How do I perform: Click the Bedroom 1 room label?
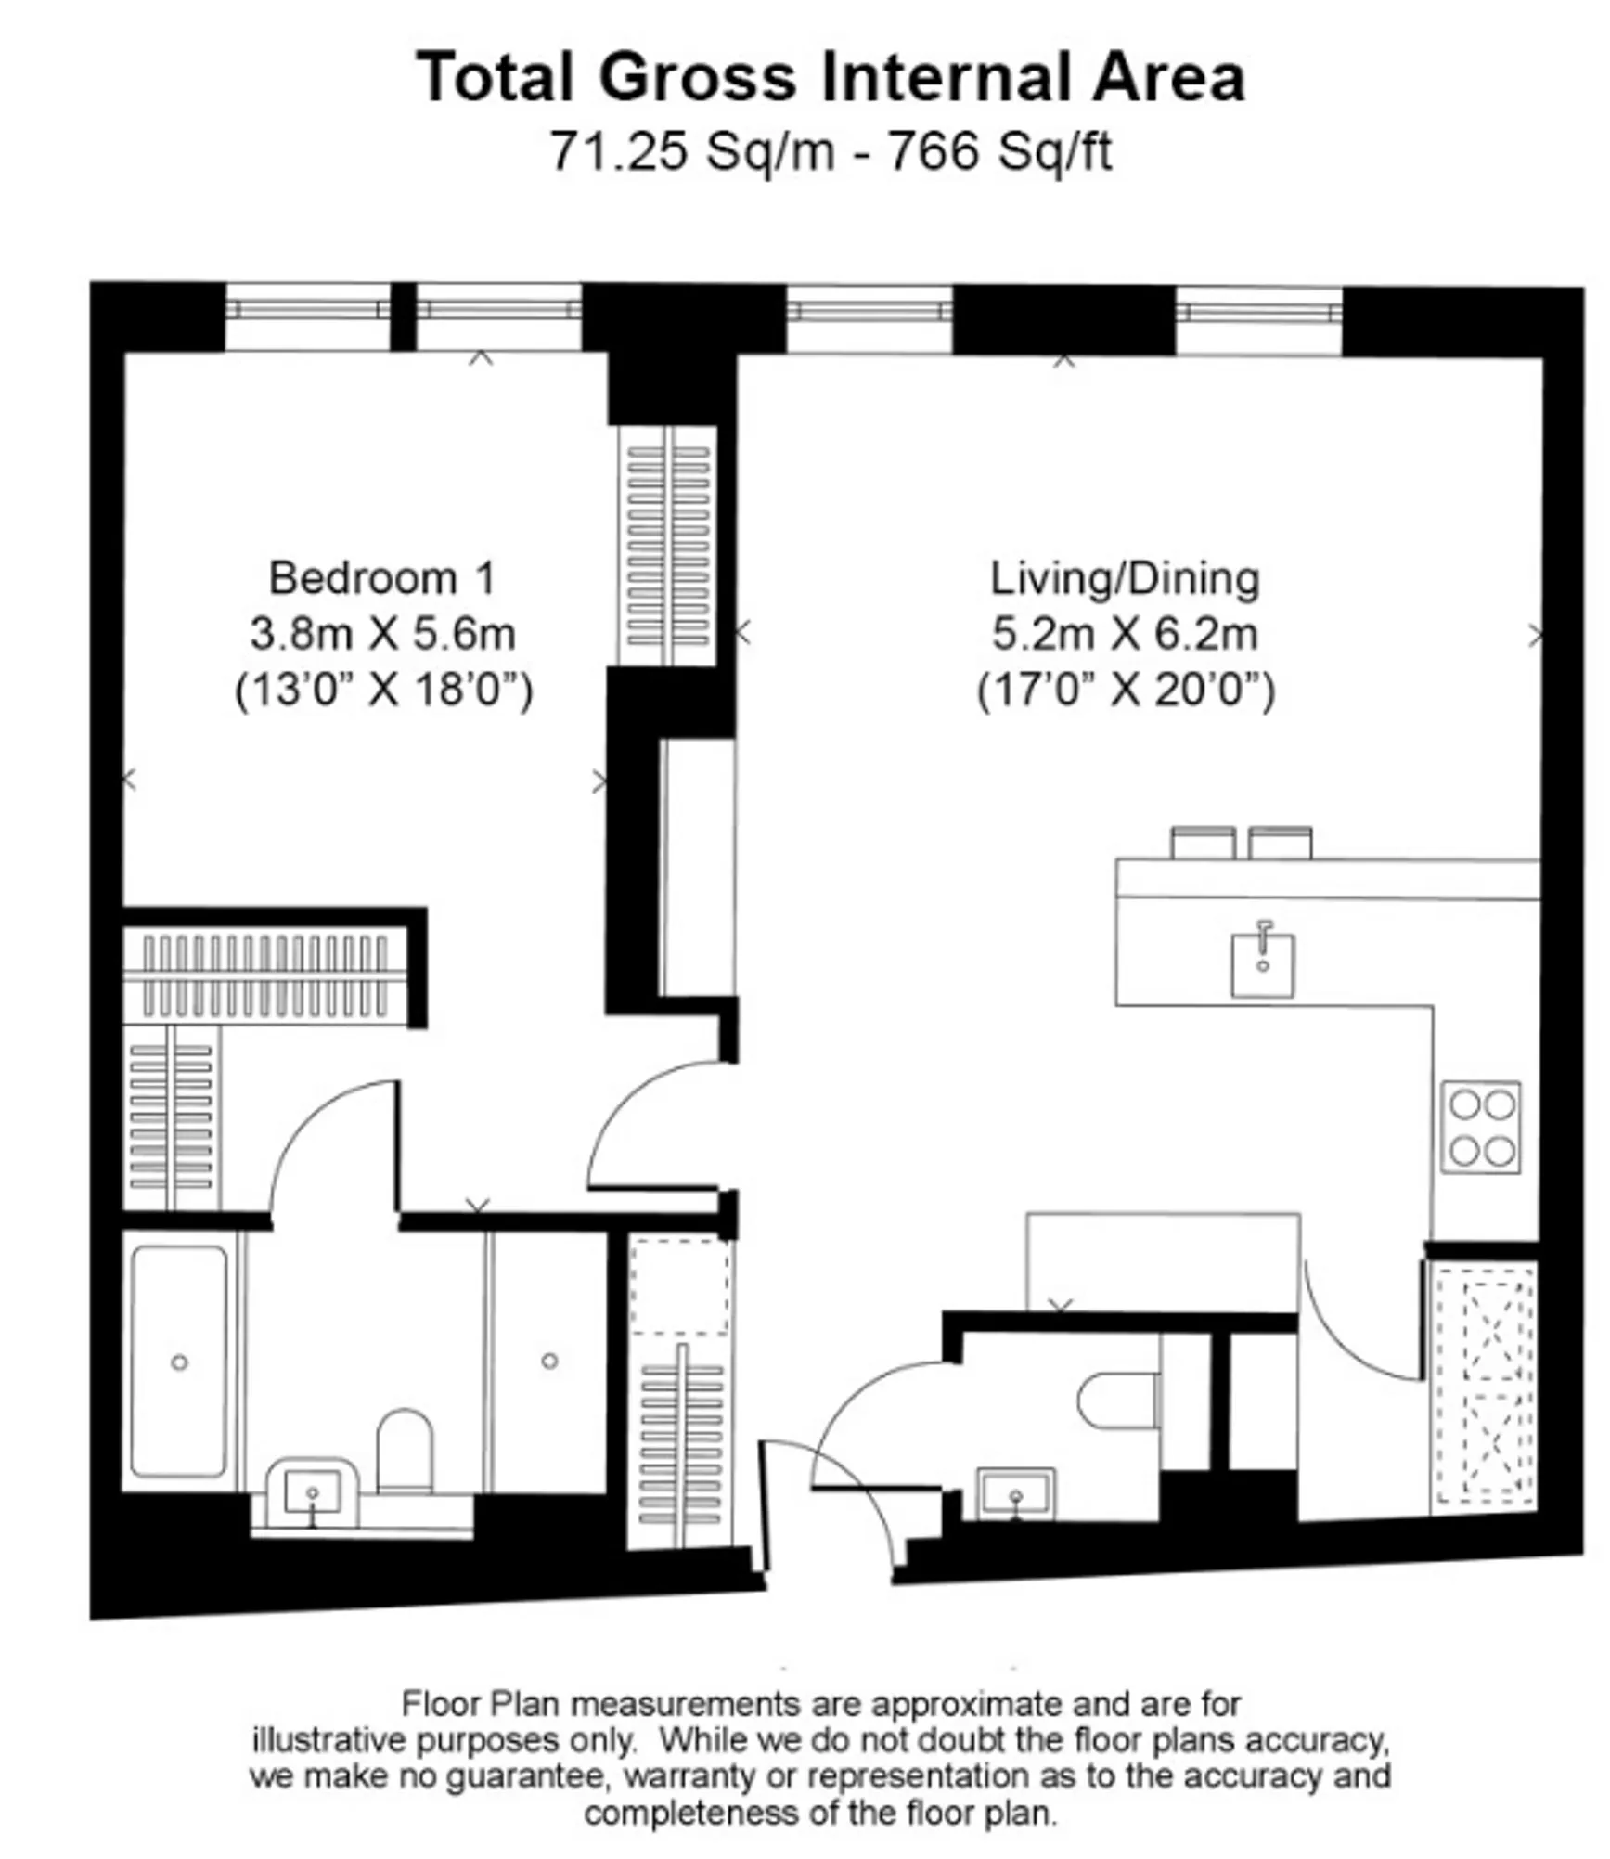click(381, 578)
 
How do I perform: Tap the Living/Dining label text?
click(1125, 578)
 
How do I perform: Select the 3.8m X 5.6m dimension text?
click(381, 634)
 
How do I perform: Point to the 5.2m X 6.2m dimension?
click(1125, 634)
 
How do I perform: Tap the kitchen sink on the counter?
click(1262, 965)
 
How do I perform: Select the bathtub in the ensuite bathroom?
click(179, 1362)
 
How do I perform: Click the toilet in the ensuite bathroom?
click(406, 1452)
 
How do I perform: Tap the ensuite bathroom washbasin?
click(313, 1491)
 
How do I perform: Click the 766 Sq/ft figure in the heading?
click(999, 150)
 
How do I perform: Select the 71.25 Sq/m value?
click(691, 150)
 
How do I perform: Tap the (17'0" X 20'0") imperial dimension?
click(1125, 691)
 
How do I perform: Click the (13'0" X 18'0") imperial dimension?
click(383, 691)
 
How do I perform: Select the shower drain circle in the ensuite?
click(549, 1361)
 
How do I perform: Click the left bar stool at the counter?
click(1203, 842)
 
